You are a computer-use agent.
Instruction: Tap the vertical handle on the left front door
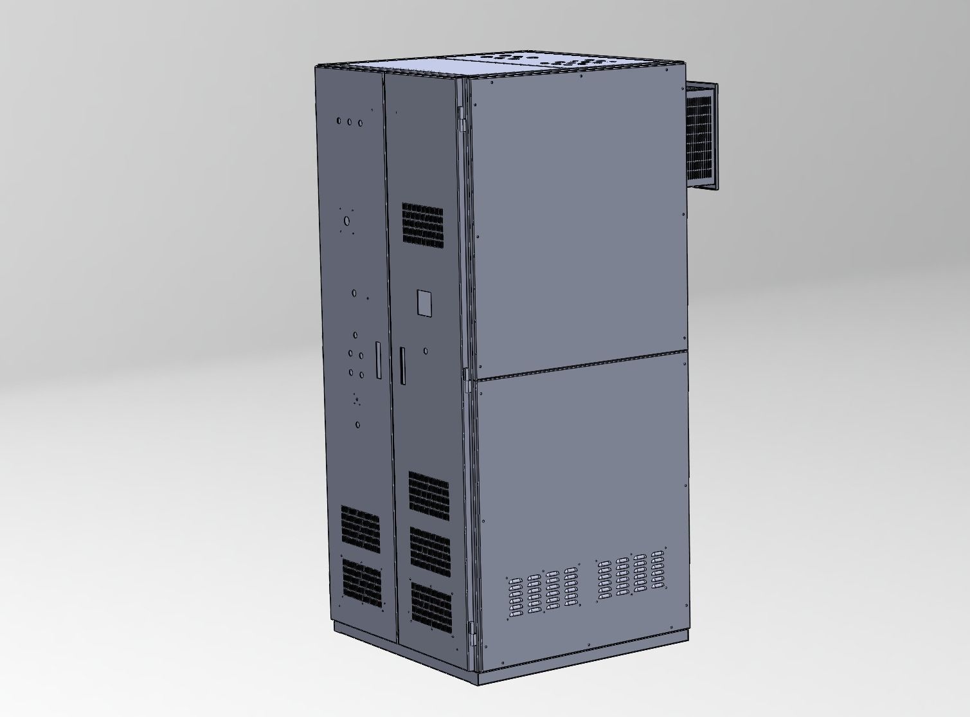click(x=379, y=359)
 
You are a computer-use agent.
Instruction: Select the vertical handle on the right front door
click(x=403, y=365)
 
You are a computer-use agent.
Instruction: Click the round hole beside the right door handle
click(x=426, y=351)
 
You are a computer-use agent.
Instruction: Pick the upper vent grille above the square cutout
click(x=422, y=224)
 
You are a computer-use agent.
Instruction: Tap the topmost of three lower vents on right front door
click(x=429, y=493)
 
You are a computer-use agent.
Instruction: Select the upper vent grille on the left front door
click(x=360, y=527)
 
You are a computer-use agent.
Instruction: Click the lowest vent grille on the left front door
click(x=362, y=583)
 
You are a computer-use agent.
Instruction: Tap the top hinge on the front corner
click(x=462, y=119)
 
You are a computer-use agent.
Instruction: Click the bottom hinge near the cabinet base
click(x=472, y=634)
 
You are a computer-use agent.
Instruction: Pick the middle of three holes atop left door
click(x=350, y=122)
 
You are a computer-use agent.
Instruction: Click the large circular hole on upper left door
click(x=347, y=221)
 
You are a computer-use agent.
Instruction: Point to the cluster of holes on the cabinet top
click(x=566, y=62)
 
